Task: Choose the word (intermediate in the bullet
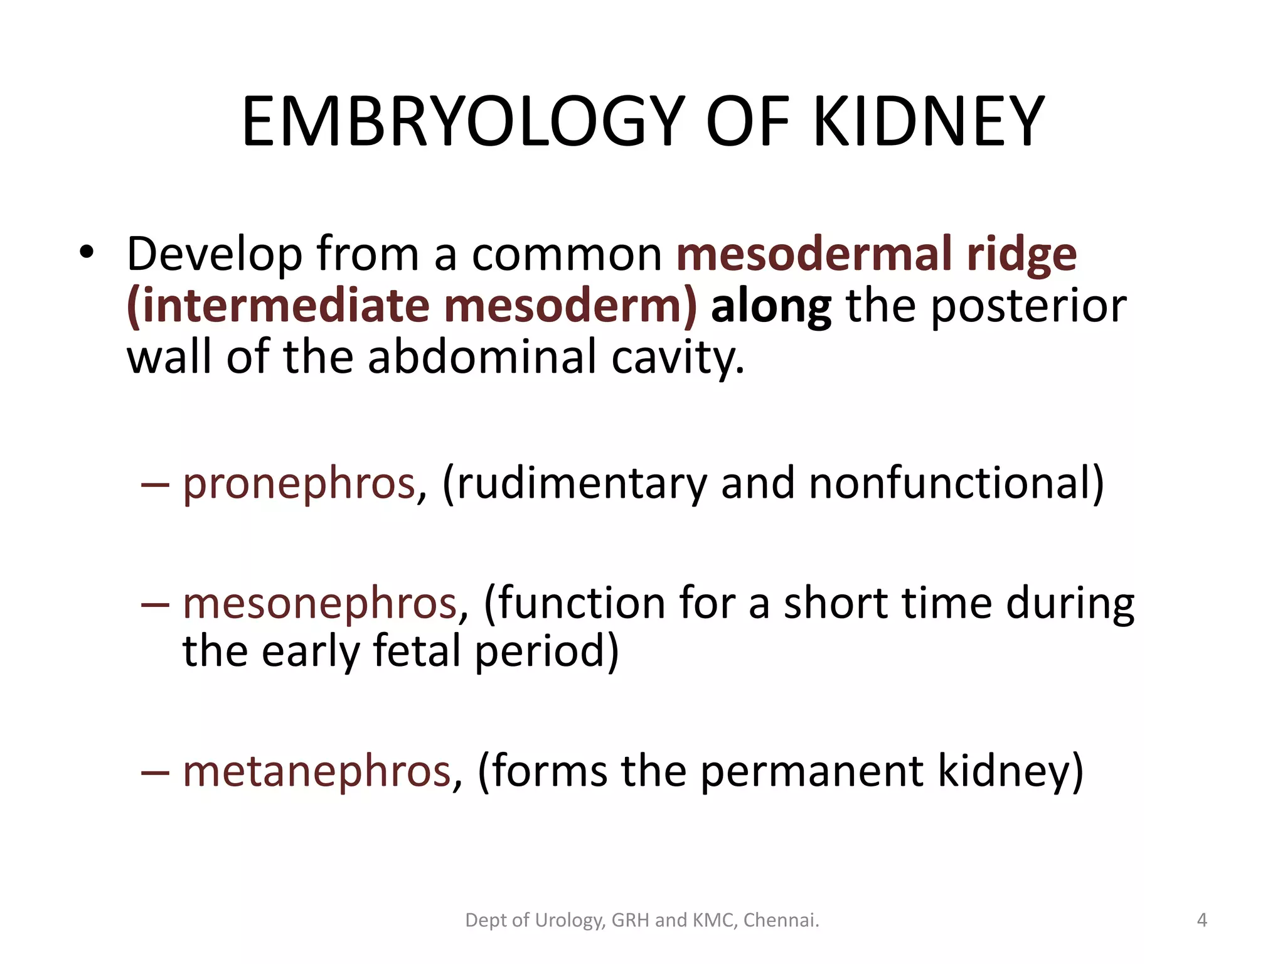(x=278, y=306)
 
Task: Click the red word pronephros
(x=299, y=485)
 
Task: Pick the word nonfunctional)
(x=956, y=483)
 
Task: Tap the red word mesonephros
(x=320, y=604)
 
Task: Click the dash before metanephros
(x=155, y=772)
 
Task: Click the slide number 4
(x=1202, y=920)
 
